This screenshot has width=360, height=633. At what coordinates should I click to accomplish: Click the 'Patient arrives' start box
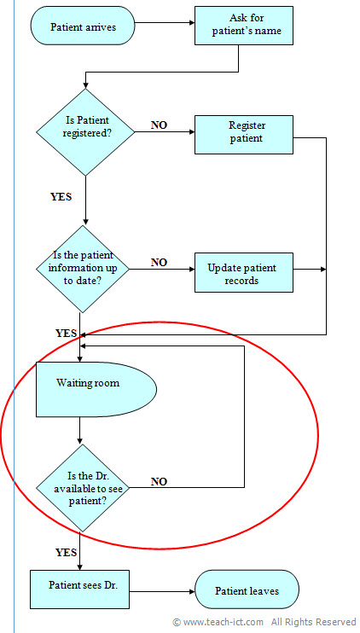click(84, 26)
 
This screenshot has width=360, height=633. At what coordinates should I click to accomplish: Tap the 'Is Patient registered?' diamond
click(86, 132)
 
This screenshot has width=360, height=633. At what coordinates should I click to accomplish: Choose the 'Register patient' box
click(245, 132)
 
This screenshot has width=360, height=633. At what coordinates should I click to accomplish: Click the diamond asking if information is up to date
click(84, 269)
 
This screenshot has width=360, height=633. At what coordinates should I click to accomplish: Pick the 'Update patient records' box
click(243, 273)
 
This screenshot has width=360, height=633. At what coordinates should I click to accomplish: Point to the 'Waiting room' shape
click(92, 389)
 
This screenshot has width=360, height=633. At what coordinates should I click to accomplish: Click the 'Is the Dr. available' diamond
click(84, 488)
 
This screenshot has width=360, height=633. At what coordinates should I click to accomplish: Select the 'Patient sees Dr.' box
click(78, 588)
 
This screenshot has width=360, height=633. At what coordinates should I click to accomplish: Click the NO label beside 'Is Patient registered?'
click(160, 125)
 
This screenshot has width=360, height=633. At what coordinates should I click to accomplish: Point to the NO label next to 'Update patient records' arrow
click(159, 262)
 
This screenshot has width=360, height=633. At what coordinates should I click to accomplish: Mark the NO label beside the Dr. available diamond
click(160, 482)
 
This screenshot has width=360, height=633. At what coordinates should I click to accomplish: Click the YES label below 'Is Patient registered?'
click(61, 196)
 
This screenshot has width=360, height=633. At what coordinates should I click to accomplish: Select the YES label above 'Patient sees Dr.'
click(67, 552)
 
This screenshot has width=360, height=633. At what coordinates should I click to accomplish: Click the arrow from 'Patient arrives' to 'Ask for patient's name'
click(165, 26)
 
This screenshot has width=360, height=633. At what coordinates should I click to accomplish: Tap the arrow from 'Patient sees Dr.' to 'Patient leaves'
click(162, 589)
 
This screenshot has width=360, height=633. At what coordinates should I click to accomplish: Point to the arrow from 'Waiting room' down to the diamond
click(79, 430)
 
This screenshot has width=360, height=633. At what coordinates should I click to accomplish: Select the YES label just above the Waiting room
click(67, 333)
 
